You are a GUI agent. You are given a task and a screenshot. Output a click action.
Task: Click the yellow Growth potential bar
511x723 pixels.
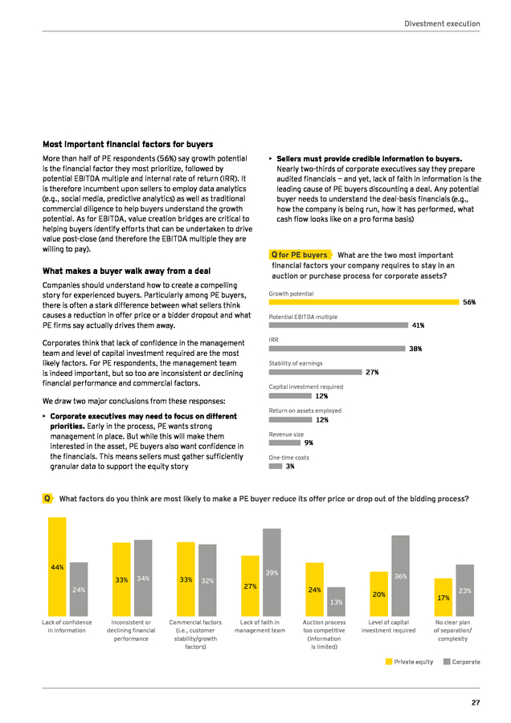click(364, 302)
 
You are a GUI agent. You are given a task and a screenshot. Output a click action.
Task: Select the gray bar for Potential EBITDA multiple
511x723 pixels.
click(338, 325)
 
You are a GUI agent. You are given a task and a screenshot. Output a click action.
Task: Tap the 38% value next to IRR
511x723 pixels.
click(415, 349)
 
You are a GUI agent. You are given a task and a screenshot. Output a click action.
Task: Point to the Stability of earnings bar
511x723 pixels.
click(316, 372)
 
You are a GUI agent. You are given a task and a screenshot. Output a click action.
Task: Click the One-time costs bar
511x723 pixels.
click(276, 466)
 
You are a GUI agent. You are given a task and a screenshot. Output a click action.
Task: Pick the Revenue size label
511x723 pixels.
click(286, 435)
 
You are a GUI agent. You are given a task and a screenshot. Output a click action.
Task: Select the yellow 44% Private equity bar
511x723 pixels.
click(57, 566)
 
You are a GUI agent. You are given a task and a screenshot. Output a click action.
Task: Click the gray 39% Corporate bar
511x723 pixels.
click(272, 572)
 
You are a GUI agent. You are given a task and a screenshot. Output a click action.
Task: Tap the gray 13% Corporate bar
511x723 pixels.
click(336, 602)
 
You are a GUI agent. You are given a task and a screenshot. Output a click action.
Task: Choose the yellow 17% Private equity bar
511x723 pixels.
click(444, 598)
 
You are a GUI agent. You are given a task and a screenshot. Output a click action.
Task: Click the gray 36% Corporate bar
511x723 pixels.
click(400, 576)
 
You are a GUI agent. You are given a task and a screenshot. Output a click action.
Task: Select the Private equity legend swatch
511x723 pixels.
click(389, 662)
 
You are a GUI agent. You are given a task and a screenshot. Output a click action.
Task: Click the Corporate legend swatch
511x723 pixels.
click(447, 662)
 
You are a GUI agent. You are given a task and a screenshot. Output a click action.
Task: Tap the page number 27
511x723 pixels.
click(476, 703)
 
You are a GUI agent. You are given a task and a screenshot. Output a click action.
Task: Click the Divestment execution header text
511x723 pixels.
click(442, 23)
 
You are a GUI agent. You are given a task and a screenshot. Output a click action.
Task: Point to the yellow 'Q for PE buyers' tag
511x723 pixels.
click(300, 255)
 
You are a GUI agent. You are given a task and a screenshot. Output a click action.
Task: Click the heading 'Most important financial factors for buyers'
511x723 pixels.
click(128, 145)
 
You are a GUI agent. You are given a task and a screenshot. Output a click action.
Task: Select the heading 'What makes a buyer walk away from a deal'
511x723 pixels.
click(126, 272)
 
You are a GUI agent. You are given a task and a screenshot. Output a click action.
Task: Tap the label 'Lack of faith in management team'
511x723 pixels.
click(260, 626)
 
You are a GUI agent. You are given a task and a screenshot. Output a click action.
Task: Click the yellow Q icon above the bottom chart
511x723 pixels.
click(47, 498)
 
